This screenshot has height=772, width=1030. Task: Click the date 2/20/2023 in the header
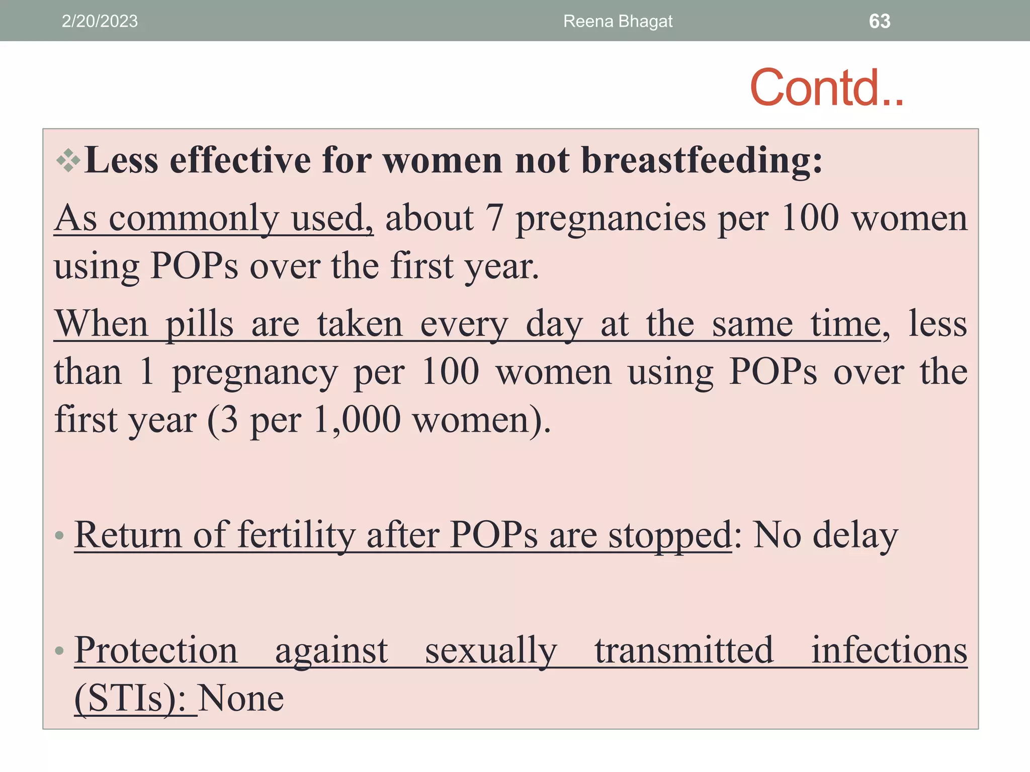100,21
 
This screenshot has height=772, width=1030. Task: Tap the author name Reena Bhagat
618,21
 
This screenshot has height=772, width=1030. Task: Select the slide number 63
880,21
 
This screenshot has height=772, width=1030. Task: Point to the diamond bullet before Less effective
68,161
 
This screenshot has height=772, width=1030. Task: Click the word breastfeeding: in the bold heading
702,161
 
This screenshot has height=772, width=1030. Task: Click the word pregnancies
611,219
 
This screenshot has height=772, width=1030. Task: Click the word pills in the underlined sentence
200,324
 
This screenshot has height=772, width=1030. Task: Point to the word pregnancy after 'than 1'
255,373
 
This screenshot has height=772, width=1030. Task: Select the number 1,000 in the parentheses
357,420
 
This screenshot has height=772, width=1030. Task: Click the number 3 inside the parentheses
229,420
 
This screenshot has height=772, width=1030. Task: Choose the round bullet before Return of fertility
59,535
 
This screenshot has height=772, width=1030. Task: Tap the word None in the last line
241,699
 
